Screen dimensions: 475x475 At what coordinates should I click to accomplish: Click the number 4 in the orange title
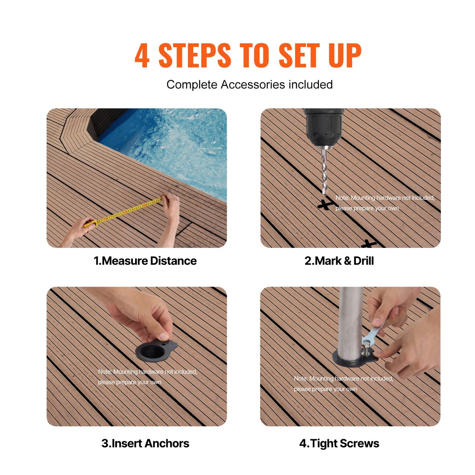point(142,56)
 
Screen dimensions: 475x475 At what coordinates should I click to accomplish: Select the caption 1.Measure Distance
point(145,261)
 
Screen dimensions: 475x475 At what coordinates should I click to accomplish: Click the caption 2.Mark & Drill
point(339,261)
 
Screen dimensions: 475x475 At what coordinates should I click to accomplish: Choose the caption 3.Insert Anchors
point(145,443)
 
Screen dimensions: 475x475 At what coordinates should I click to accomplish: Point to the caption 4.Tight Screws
point(339,443)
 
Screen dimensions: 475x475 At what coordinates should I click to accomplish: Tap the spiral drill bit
point(324,171)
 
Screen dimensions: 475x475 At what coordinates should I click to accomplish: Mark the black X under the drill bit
point(325,204)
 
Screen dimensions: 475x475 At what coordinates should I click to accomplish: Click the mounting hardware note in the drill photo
point(385,203)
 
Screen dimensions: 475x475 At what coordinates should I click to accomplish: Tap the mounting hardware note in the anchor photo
point(147,377)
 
